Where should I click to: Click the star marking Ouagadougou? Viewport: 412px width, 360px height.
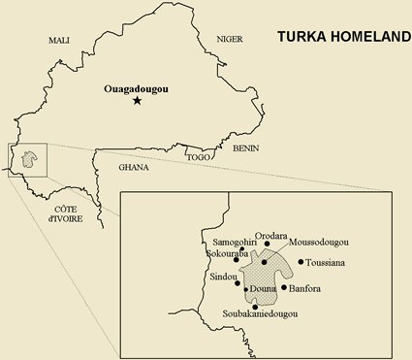(137, 101)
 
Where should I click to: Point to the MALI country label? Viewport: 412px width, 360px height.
(60, 40)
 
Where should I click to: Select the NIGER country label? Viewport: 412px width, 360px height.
(229, 40)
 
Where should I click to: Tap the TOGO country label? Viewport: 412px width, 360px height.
(199, 156)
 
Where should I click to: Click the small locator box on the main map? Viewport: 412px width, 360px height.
(26, 161)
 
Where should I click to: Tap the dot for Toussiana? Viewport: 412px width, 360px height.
(301, 262)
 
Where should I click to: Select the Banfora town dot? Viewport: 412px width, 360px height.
(284, 288)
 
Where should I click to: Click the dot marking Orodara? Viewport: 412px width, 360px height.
(267, 244)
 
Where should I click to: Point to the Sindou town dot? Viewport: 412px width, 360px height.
(238, 282)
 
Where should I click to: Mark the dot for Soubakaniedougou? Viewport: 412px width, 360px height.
(254, 307)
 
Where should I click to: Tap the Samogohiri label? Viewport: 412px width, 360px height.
(232, 241)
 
